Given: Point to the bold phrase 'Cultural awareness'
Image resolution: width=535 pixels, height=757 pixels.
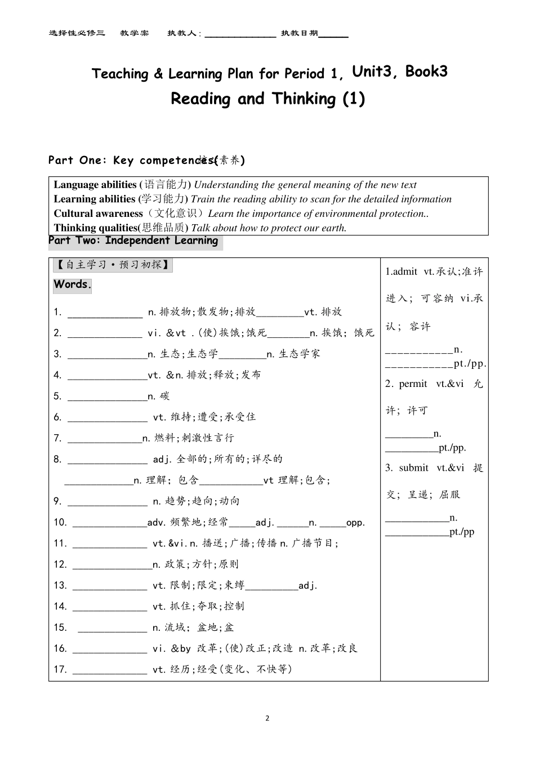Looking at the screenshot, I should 98,213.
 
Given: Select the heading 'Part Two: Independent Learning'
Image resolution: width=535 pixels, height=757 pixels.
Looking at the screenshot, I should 133,241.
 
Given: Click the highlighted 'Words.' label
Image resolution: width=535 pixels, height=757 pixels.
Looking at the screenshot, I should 73,284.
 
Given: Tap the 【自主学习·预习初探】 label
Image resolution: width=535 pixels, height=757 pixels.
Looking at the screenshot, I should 113,265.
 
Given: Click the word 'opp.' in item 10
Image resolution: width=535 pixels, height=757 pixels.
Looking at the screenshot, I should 355,523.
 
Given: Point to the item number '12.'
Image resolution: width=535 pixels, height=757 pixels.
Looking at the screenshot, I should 60,564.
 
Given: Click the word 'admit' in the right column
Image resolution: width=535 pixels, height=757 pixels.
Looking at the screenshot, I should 405,271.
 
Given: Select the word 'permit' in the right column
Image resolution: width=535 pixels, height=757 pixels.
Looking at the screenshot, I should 413,384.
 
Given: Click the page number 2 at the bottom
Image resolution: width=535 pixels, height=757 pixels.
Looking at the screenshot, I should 267,718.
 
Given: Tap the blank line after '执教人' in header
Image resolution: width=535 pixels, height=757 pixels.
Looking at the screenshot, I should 240,34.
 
